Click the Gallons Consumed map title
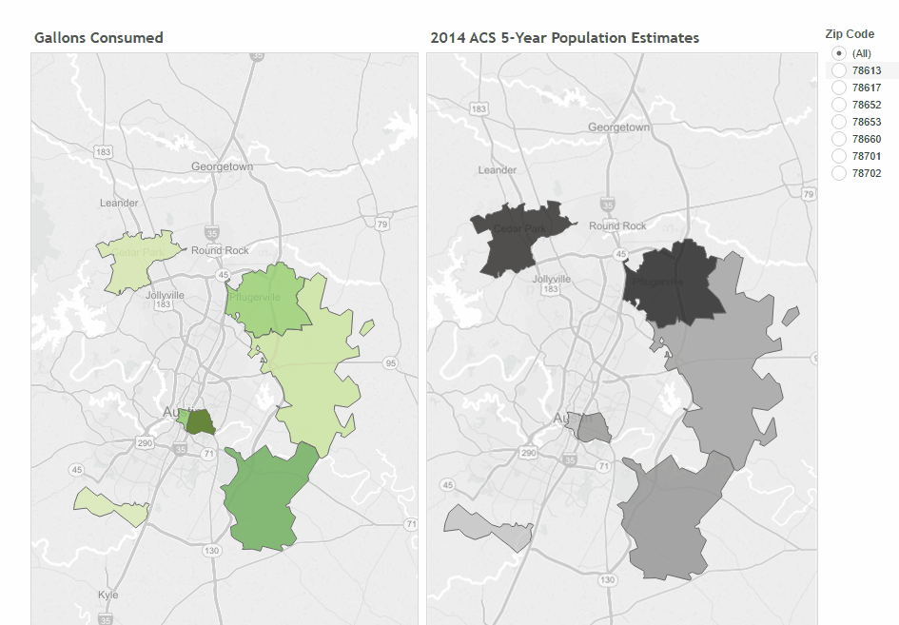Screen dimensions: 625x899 tap(98, 38)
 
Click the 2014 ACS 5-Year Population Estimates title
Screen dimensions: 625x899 tap(564, 38)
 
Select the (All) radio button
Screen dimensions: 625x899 tap(839, 53)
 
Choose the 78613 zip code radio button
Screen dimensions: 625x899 tap(839, 70)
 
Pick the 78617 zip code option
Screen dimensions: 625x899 tap(839, 88)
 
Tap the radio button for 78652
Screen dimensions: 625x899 tap(839, 105)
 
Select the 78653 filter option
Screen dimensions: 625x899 tap(839, 122)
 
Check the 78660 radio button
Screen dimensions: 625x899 tap(839, 139)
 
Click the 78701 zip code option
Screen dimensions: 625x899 tap(839, 156)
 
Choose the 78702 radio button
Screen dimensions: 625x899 tap(839, 173)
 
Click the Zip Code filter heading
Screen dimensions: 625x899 tap(849, 33)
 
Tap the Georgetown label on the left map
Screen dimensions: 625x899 tap(222, 166)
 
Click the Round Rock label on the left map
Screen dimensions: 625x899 tap(220, 250)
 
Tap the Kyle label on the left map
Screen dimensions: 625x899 tap(108, 595)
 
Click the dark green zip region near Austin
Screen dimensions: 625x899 tap(200, 421)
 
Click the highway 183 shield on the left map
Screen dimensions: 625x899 tap(103, 152)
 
